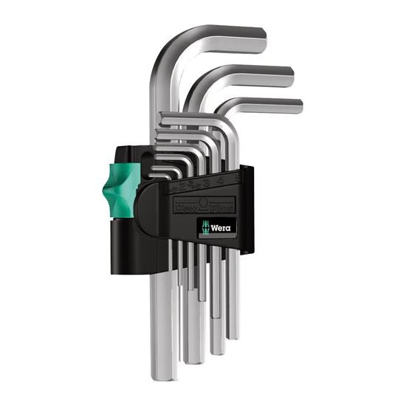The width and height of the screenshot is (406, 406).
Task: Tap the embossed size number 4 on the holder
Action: tap(219, 177)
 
